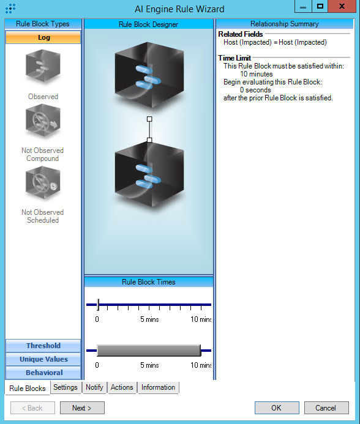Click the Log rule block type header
pos(43,37)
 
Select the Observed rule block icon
pos(43,65)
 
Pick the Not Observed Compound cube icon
pos(43,121)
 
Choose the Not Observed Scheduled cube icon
pos(43,182)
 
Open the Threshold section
pos(43,346)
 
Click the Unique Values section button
pos(43,359)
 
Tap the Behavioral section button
pos(43,373)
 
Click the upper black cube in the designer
pos(149,75)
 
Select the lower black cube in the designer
pos(149,174)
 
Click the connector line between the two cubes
pos(149,130)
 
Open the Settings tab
pos(66,387)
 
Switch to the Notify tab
pos(94,387)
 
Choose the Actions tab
pos(122,387)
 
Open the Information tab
pos(158,387)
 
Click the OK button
pos(277,407)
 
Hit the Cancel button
pos(326,407)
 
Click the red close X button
pos(342,6)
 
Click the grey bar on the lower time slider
pos(149,351)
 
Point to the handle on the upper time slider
pos(98,305)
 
